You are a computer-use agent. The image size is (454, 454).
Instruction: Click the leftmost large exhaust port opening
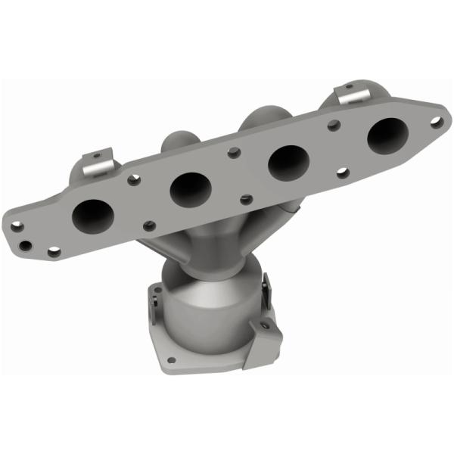point(92,216)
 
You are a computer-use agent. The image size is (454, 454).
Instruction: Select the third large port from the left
point(287,162)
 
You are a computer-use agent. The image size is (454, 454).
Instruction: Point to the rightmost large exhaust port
point(387,136)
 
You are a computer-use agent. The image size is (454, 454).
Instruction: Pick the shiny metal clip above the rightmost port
point(353,97)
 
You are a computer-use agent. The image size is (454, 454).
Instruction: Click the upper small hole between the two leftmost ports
point(135,180)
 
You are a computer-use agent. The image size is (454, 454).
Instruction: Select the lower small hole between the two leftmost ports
point(149,225)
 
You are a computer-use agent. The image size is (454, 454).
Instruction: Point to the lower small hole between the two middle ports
point(244,200)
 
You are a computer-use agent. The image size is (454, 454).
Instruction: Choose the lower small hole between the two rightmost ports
point(341,173)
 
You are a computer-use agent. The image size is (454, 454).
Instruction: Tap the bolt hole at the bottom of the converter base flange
point(173,359)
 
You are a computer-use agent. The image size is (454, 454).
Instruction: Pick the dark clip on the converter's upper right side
point(266,288)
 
